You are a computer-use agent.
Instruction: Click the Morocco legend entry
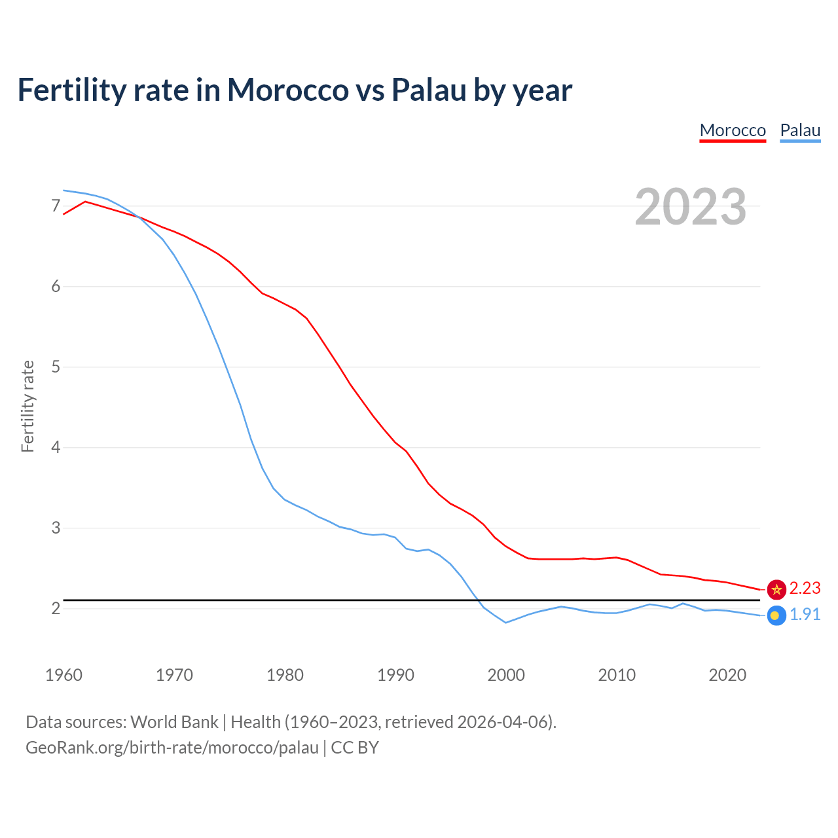[733, 130]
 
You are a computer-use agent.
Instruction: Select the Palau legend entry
[800, 130]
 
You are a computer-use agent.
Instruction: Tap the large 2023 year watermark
[690, 207]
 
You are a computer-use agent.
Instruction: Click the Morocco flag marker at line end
[776, 589]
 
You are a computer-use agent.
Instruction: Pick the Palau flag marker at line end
[776, 615]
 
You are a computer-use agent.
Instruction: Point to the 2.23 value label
[805, 589]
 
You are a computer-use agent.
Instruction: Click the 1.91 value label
[805, 615]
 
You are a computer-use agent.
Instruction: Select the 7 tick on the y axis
[56, 206]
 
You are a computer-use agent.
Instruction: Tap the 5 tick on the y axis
[56, 367]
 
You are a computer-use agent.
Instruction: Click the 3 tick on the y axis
[56, 528]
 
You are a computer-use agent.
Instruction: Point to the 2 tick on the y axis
[56, 608]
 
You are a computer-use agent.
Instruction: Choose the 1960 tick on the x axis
[64, 675]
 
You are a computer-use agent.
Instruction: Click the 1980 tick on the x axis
[285, 675]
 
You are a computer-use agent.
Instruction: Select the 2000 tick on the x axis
[506, 675]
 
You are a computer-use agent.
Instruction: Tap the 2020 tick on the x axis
[727, 675]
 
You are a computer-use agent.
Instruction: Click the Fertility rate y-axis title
[27, 406]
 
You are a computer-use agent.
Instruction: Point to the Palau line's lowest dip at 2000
[506, 623]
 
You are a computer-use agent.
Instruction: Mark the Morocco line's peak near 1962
[85, 201]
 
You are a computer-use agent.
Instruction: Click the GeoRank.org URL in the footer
[172, 748]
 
